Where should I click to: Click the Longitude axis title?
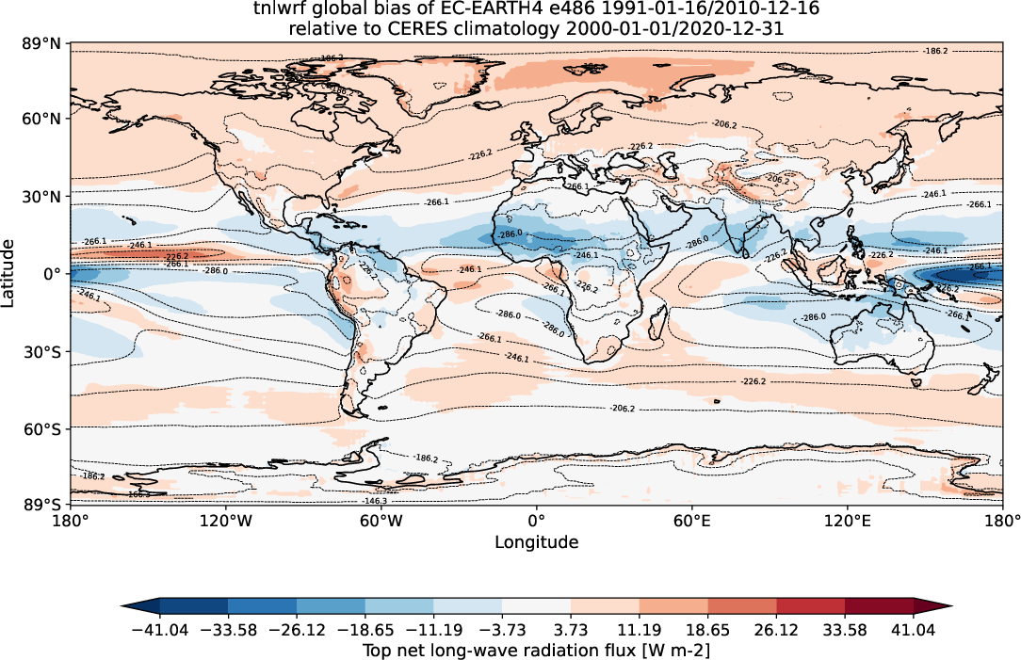pyautogui.click(x=536, y=542)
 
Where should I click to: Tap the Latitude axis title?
pyautogui.click(x=8, y=273)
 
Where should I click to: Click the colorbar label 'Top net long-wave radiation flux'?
pyautogui.click(x=498, y=649)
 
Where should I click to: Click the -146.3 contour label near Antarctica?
pyautogui.click(x=400, y=502)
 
